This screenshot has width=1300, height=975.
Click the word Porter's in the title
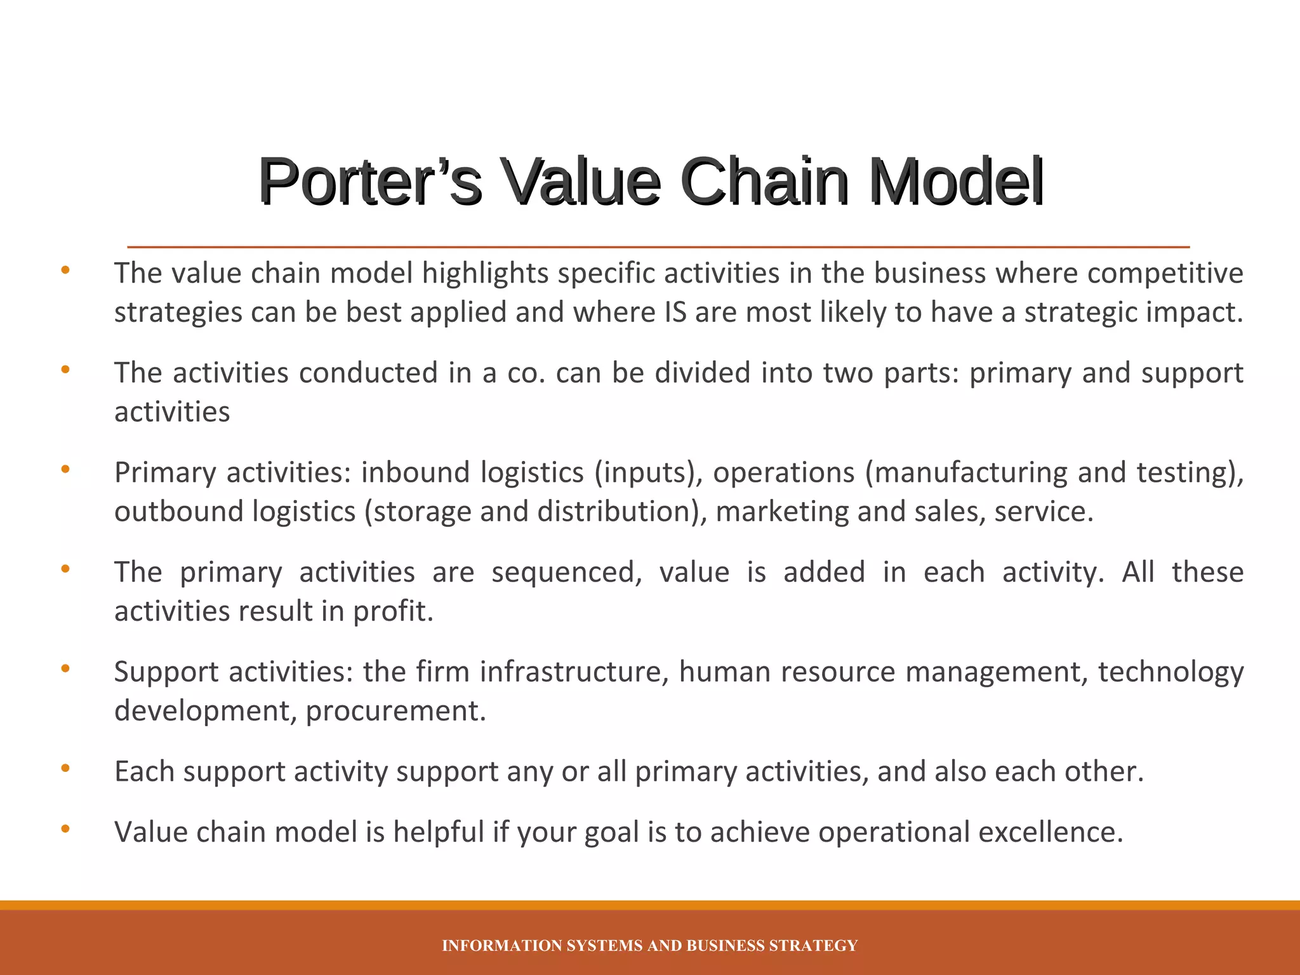point(369,182)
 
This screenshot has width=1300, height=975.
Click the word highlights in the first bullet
point(485,274)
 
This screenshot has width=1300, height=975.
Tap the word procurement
point(395,711)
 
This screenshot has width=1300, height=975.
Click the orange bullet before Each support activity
point(65,769)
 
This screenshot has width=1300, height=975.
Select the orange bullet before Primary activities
point(65,470)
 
